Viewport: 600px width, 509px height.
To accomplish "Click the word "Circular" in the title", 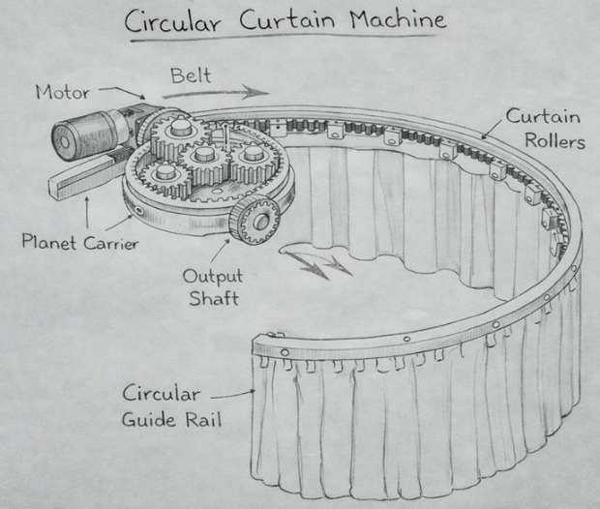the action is (x=172, y=21).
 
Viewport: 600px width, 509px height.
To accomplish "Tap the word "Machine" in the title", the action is (x=399, y=19).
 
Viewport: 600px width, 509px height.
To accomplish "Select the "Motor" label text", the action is (x=62, y=92).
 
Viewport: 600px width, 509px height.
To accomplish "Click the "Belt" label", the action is (x=191, y=75).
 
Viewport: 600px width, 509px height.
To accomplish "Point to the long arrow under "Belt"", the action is (x=216, y=93).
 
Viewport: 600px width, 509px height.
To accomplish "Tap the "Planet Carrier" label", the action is (x=80, y=242).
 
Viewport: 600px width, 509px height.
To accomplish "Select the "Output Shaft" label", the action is (x=213, y=287).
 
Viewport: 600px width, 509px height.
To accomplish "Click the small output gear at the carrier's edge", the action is (x=255, y=219).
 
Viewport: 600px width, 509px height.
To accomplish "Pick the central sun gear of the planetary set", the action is (x=203, y=161).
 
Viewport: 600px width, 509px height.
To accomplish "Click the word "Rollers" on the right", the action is (x=555, y=141).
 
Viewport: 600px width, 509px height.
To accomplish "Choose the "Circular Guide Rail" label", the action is (x=172, y=406).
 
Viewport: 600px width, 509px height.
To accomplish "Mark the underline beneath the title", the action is (x=284, y=38).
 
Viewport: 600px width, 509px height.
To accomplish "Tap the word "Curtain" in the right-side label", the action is (x=543, y=116).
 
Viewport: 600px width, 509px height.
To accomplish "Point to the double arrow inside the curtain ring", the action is (x=314, y=260).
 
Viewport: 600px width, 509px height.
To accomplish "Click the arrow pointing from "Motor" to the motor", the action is (x=123, y=92).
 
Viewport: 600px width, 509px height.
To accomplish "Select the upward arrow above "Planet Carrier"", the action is (x=88, y=212).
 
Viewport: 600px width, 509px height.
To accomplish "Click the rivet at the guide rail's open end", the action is (x=285, y=352).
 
